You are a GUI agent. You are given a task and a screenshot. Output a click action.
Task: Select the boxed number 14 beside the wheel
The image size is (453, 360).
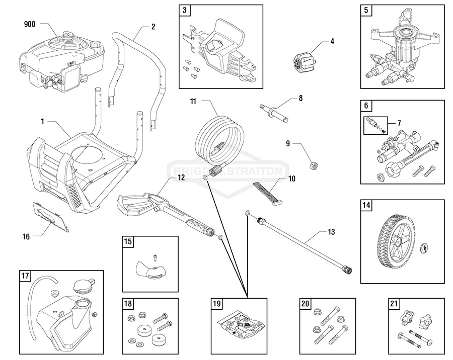(366, 205)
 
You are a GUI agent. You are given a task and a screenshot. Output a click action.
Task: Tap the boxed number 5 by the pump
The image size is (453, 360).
(366, 10)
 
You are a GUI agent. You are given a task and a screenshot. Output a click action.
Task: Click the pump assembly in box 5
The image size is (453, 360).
(403, 53)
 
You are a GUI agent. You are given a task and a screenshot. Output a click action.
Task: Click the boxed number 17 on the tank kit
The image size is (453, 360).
(25, 276)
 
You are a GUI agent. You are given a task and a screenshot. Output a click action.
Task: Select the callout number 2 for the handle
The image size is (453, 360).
(153, 27)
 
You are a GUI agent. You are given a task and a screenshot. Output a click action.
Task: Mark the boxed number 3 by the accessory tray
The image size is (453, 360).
(185, 10)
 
